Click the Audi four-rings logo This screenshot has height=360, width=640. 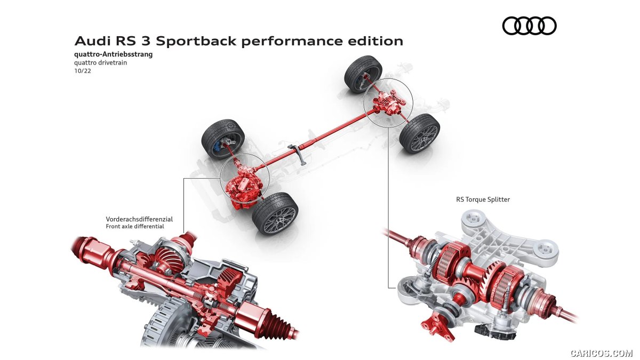(529, 26)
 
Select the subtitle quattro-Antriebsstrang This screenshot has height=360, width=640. (109, 54)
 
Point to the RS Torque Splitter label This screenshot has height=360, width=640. (483, 199)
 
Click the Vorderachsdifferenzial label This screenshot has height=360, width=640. (139, 219)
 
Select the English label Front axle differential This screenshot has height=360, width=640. (135, 226)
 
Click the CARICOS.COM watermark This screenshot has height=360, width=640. (601, 353)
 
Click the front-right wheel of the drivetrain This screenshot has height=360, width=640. (275, 213)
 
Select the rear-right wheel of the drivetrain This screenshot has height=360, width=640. (420, 133)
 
